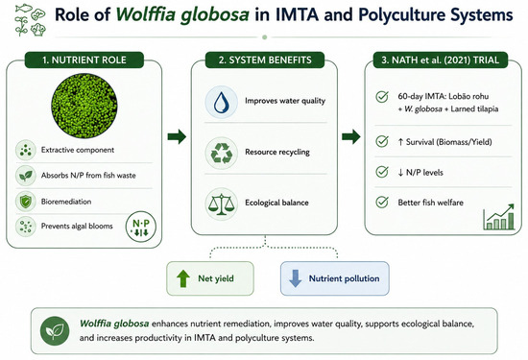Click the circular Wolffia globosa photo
click(x=84, y=106)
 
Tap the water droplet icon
click(x=221, y=102)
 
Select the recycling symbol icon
click(x=221, y=153)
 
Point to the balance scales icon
click(x=221, y=204)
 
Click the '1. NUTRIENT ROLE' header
click(x=84, y=60)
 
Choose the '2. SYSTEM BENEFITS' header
click(x=265, y=60)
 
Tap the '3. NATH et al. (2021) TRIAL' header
click(x=440, y=60)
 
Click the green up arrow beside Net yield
click(x=183, y=278)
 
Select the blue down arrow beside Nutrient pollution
click(x=296, y=278)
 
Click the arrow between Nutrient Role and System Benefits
click(x=177, y=136)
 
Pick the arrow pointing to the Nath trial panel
click(x=351, y=136)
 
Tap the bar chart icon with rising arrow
click(x=499, y=217)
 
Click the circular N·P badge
click(x=141, y=227)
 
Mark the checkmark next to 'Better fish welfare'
click(x=382, y=202)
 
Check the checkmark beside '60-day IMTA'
click(x=382, y=97)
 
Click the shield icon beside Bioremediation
click(x=26, y=202)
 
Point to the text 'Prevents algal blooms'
click(x=77, y=226)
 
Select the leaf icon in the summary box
click(x=55, y=330)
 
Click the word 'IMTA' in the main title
click(x=297, y=14)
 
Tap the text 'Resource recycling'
click(x=277, y=153)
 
